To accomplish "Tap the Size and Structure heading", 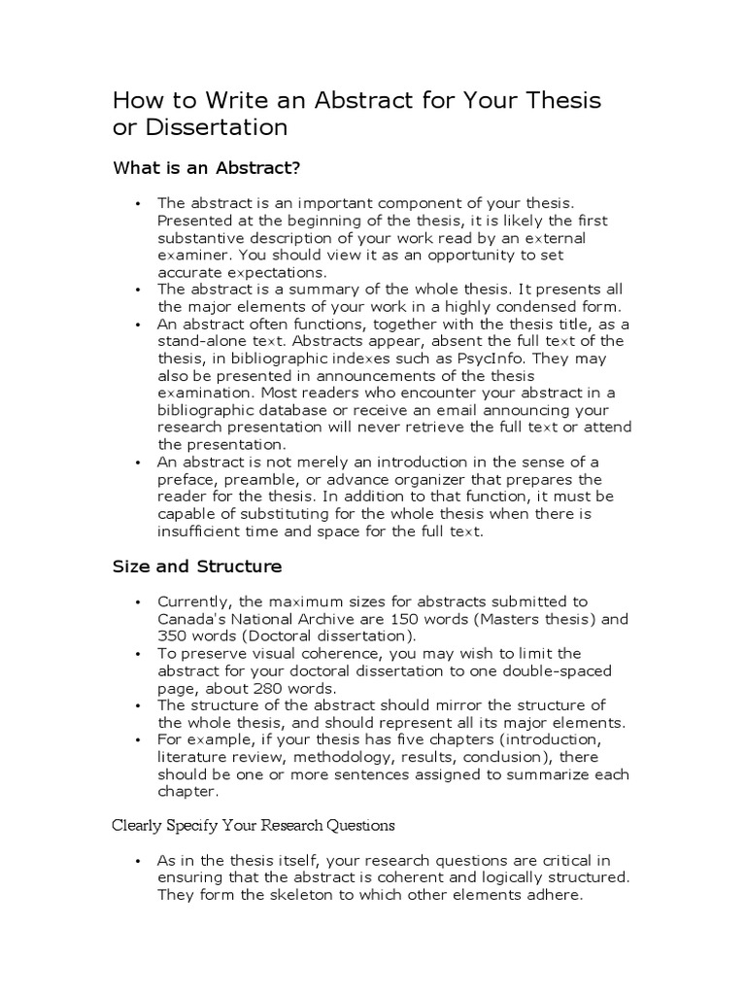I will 197,566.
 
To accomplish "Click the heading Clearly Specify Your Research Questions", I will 254,825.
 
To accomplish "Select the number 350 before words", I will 175,635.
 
